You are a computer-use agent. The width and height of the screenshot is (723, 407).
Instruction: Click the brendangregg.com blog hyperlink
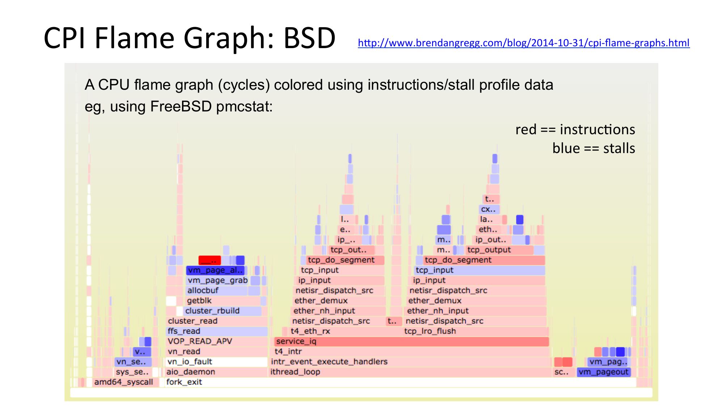[523, 43]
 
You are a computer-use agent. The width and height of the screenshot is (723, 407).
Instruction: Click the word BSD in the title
[309, 38]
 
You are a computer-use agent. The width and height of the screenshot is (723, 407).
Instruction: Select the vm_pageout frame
[603, 372]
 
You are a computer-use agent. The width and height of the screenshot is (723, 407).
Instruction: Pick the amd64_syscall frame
[123, 382]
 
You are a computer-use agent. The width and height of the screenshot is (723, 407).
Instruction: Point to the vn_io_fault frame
[216, 362]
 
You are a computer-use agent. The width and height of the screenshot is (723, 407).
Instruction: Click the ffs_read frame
[216, 331]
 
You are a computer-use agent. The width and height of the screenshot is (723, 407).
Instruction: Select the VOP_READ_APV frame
[216, 342]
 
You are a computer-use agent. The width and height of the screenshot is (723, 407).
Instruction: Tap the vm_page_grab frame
[217, 280]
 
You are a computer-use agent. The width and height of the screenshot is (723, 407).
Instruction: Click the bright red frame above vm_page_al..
[210, 260]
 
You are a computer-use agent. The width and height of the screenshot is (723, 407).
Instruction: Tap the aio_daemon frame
[216, 372]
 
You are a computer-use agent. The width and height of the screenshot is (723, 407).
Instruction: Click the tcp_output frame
[499, 250]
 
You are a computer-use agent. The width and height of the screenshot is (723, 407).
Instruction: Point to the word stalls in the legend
[619, 148]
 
